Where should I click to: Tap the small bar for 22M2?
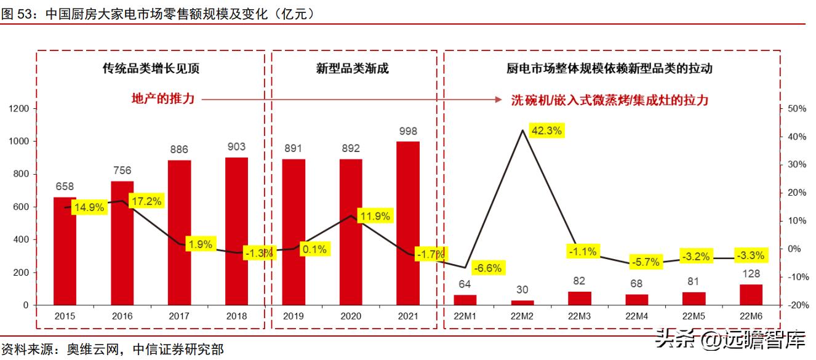[x=522, y=302]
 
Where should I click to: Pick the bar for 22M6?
[x=751, y=295]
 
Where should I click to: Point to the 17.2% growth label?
[x=146, y=201]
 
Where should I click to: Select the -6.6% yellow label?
[x=489, y=268]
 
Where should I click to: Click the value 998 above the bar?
[x=408, y=131]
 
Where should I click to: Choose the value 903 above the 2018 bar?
[x=236, y=146]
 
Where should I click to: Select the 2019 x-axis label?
[x=294, y=316]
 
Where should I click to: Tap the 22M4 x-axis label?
[x=637, y=316]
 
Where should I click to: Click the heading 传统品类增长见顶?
[x=150, y=69]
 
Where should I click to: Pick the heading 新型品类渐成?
[x=352, y=69]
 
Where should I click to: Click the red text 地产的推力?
[x=164, y=98]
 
